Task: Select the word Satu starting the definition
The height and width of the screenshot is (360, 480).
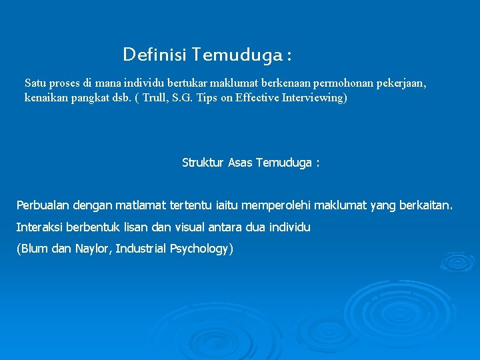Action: pyautogui.click(x=35, y=83)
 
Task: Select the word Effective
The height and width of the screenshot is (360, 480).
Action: pyautogui.click(x=261, y=98)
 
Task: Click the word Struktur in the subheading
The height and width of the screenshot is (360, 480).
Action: pyautogui.click(x=203, y=163)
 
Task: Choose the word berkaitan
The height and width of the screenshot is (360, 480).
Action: pyautogui.click(x=425, y=205)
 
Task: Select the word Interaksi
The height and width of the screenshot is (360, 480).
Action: pyautogui.click(x=39, y=227)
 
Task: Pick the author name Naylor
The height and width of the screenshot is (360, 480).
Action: pyautogui.click(x=91, y=249)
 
